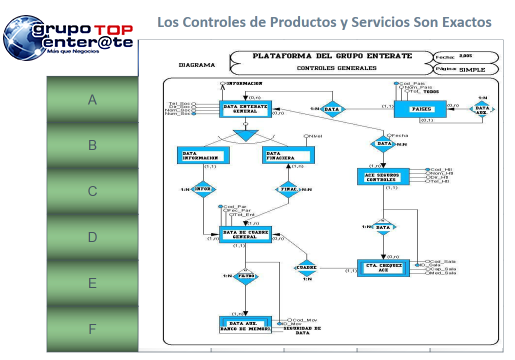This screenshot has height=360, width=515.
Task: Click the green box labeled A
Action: pos(92,100)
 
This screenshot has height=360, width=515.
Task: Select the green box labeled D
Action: pos(92,238)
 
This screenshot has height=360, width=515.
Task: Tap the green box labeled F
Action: pos(92,329)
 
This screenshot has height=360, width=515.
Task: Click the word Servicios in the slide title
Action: pos(374,21)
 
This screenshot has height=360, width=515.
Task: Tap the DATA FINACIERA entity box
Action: pos(286,156)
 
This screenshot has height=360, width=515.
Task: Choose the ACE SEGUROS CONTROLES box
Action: pos(385,176)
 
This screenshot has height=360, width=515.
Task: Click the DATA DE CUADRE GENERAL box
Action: pos(244,233)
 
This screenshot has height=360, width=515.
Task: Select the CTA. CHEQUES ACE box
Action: pos(385,268)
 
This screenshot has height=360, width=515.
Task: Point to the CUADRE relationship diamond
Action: pos(305,267)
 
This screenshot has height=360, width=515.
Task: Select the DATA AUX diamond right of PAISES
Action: pos(482,110)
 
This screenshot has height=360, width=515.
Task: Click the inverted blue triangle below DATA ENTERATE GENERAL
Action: pos(244,135)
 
